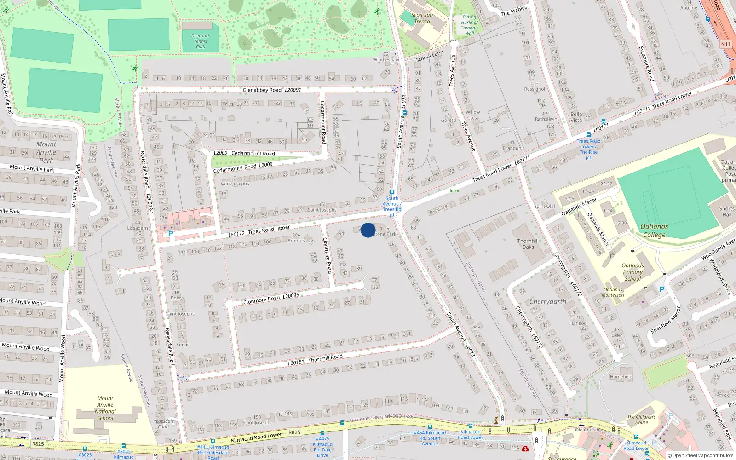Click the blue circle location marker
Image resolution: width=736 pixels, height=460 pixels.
click(368, 230)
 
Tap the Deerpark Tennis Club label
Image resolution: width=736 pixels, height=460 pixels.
click(201, 41)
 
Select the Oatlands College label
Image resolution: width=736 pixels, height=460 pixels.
click(654, 230)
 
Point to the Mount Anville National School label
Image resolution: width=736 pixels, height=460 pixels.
click(105, 408)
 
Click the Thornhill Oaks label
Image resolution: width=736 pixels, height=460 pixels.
click(528, 244)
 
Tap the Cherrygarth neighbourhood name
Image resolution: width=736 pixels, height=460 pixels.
click(548, 302)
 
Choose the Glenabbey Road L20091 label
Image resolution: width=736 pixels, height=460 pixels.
click(272, 90)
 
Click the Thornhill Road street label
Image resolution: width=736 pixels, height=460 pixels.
click(325, 358)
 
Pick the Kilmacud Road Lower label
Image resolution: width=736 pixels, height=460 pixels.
click(256, 437)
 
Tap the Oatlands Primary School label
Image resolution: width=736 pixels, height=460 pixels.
click(633, 272)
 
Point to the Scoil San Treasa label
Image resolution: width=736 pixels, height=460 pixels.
click(422, 18)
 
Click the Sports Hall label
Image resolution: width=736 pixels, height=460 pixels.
click(727, 212)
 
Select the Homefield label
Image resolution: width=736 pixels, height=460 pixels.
click(621, 377)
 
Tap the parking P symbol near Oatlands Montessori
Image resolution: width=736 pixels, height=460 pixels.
click(662, 289)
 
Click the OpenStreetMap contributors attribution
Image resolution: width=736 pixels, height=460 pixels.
click(702, 456)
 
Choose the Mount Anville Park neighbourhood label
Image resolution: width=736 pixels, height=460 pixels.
click(46, 152)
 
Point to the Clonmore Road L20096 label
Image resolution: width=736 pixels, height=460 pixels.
click(271, 299)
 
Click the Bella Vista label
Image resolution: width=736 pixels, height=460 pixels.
click(576, 117)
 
